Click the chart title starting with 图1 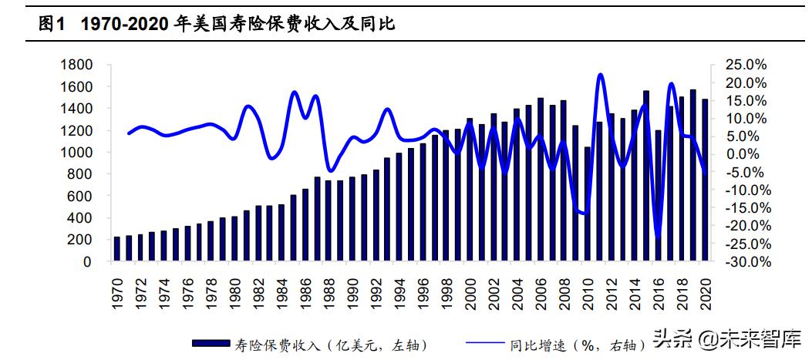coord(216,24)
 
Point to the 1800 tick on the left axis coord(76,65)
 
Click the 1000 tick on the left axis coord(76,153)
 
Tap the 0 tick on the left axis coord(86,262)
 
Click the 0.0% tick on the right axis coord(747,154)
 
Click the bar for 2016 coord(658,196)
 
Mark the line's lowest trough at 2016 coord(658,237)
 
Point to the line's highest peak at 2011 coord(600,75)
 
